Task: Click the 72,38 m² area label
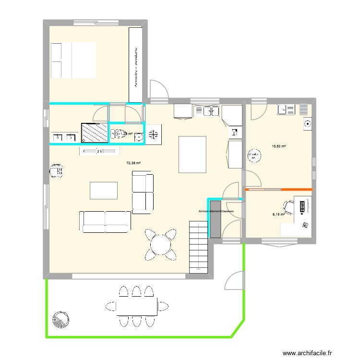pos(133,163)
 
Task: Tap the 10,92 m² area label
pos(279,146)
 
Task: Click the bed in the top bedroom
pos(73,60)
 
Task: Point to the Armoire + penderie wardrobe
pos(136,65)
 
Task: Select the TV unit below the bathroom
pos(99,151)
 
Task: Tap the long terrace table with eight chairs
pos(137,306)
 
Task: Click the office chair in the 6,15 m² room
pos(288,207)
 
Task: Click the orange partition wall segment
pos(278,190)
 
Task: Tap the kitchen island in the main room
pos(192,154)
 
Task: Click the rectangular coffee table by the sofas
pos(104,190)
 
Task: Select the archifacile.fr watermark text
pos(307,353)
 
